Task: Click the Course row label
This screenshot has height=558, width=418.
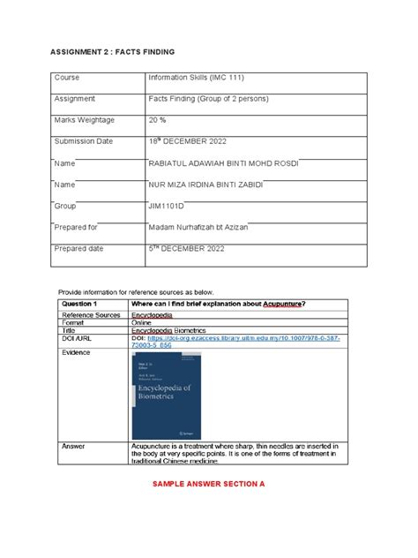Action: (67, 79)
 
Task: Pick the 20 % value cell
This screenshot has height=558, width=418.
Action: (159, 120)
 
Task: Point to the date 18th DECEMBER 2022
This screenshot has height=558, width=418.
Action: (189, 141)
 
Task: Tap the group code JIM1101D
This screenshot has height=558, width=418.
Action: (168, 206)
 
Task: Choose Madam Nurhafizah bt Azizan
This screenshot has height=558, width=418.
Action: (198, 227)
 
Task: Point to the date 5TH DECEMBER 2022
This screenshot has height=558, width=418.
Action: (187, 248)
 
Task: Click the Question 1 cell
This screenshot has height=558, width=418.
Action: (79, 304)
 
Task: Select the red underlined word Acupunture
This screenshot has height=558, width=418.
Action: (284, 304)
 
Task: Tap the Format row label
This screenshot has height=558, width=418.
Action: (73, 322)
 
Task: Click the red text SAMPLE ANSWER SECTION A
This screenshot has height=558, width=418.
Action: (209, 485)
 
